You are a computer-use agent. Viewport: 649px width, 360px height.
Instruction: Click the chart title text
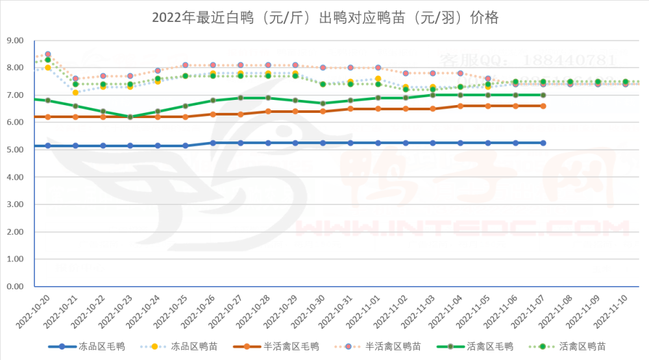pos(324,18)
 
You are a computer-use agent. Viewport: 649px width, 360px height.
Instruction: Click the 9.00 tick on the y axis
pos(14,41)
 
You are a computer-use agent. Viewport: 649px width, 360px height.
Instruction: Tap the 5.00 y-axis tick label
pos(14,150)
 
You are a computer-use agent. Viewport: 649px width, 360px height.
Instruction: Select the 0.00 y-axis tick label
pos(14,287)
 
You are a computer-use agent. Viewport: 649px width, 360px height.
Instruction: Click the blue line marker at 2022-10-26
pos(213,143)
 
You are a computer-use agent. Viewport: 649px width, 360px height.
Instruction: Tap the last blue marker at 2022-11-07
pos(543,143)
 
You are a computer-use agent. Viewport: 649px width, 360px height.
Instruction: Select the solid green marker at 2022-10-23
pos(130,117)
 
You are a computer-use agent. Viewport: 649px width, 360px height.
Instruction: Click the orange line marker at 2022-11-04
pos(461,106)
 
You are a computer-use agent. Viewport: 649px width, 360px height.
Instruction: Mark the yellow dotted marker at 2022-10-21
pos(75,93)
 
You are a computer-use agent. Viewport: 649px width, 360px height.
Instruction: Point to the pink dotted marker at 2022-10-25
pos(186,65)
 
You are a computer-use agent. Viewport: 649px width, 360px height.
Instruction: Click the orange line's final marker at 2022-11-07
pos(543,106)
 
